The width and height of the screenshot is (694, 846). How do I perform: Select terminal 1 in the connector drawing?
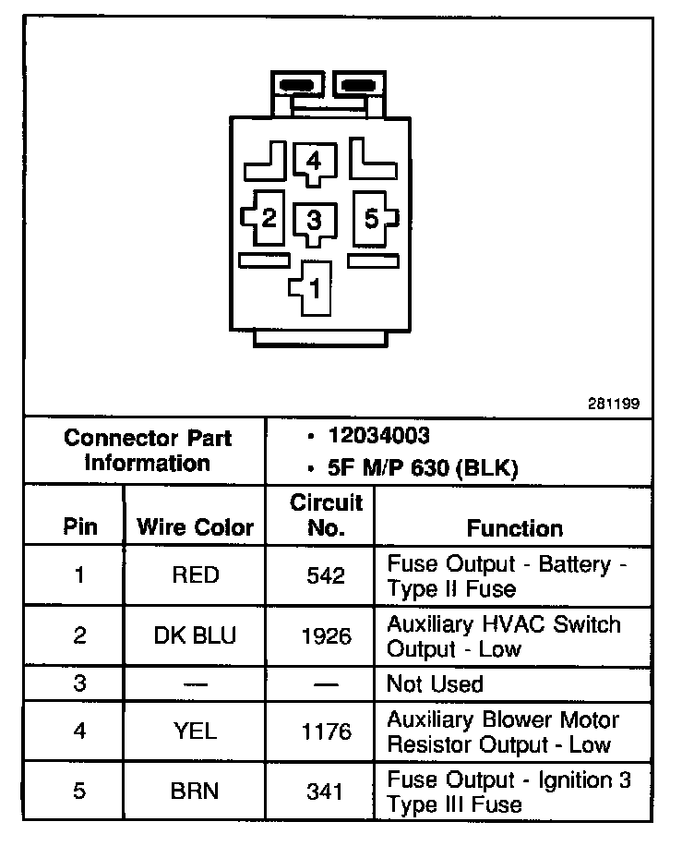tap(314, 287)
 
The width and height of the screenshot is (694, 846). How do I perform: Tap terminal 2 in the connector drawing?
tap(268, 219)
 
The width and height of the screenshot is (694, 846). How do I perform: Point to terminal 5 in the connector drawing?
tap(371, 219)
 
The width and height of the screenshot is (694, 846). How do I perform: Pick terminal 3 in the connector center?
tap(314, 221)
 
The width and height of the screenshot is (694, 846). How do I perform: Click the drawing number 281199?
tap(614, 403)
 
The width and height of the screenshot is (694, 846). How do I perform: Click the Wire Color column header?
tap(195, 527)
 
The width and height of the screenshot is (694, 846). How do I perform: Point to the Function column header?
tap(514, 527)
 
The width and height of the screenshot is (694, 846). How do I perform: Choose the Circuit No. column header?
tap(326, 515)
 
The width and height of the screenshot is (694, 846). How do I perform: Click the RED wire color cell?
tap(196, 575)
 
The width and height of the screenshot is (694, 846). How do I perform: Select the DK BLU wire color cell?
tap(196, 635)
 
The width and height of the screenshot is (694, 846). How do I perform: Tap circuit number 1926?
tap(326, 636)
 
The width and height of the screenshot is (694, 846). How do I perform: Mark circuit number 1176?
tap(326, 732)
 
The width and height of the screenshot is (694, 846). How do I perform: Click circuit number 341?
tap(326, 792)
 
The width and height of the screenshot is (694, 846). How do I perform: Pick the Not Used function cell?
tap(435, 684)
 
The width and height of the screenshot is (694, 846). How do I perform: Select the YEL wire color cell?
tap(196, 731)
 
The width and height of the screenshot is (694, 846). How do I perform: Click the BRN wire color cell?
tap(196, 792)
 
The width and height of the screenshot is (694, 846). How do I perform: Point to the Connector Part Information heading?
tap(148, 450)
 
